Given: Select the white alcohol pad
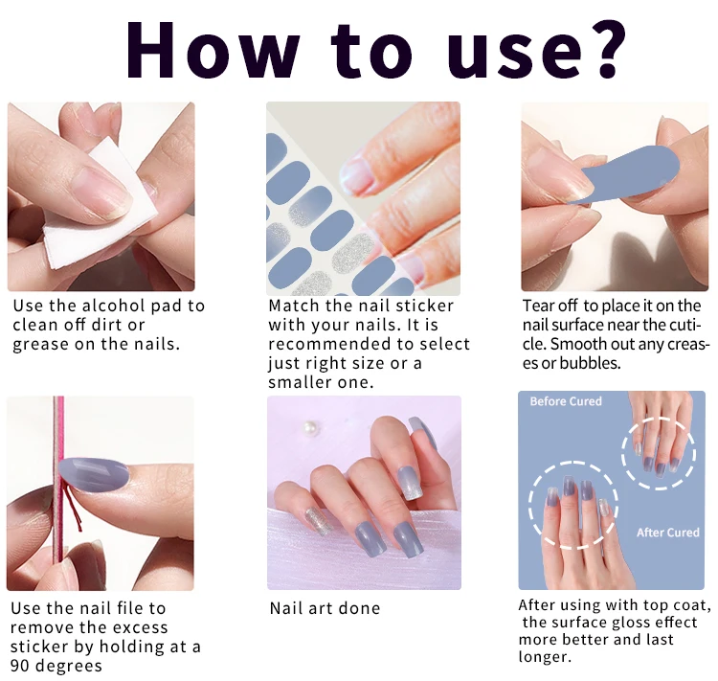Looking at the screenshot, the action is coord(101,205).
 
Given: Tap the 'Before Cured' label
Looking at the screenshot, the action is coord(566,401).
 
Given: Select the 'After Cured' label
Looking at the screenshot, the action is coord(667,533).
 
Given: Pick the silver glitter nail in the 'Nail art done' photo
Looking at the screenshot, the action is coord(317,521).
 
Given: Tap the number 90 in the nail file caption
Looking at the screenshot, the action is coord(20,666).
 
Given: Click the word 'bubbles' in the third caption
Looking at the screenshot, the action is coord(590,363).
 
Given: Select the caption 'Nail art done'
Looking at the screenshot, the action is coord(325,608).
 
